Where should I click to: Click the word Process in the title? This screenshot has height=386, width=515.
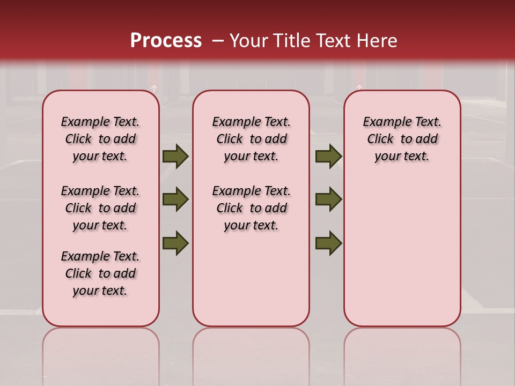click(166, 41)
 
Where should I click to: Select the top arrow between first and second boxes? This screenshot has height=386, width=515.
click(175, 157)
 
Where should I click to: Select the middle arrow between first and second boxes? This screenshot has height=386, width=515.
click(175, 199)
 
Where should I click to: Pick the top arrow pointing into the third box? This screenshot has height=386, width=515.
click(328, 157)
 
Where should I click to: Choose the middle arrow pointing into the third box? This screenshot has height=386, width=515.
click(328, 199)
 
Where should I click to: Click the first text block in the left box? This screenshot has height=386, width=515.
click(100, 139)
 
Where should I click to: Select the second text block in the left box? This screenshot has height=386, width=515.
click(100, 208)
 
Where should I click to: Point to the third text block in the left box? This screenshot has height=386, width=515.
click(100, 273)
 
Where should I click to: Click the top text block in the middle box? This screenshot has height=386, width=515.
click(251, 139)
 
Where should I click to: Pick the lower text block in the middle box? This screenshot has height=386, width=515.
click(251, 208)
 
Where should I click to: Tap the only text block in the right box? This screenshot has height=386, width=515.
click(402, 139)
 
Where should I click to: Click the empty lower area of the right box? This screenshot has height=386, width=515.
click(402, 252)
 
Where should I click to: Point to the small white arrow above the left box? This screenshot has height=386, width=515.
click(154, 87)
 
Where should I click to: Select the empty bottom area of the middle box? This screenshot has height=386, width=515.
click(251, 284)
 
